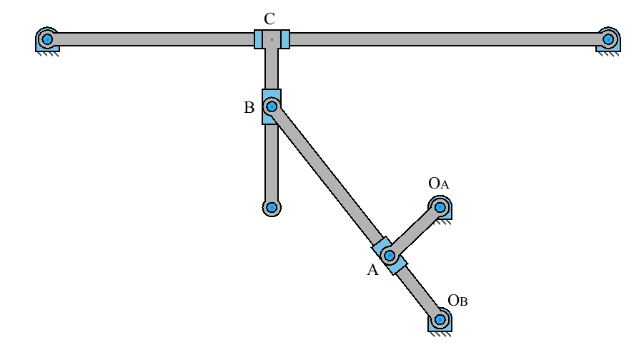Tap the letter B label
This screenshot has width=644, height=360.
click(249, 109)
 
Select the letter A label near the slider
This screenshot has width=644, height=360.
click(372, 270)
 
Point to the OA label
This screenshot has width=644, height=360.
click(439, 184)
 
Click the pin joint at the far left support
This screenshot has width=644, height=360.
click(47, 38)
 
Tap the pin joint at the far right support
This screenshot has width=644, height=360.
click(608, 38)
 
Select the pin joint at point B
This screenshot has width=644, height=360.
click(272, 107)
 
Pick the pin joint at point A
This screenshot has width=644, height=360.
click(390, 255)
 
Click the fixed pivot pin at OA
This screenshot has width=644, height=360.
click(440, 208)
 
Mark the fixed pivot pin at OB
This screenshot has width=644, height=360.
click(440, 319)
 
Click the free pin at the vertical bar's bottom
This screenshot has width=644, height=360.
click(272, 208)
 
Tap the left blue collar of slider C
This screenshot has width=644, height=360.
click(259, 39)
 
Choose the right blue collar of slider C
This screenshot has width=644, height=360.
click(284, 39)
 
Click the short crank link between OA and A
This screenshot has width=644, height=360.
click(415, 231)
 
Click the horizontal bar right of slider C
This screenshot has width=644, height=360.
click(443, 39)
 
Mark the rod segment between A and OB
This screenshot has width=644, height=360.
click(418, 291)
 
